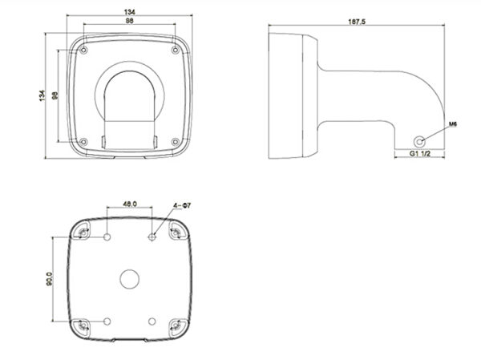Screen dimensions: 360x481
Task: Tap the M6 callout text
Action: (x=452, y=125)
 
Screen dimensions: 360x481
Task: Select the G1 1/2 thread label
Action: (x=422, y=152)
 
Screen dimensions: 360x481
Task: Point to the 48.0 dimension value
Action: (x=130, y=204)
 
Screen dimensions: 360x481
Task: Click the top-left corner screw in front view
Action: (x=84, y=51)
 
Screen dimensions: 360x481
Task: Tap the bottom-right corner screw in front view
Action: (x=175, y=142)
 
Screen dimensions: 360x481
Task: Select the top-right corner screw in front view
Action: (x=175, y=51)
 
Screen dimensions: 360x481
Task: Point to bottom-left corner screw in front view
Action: (x=84, y=142)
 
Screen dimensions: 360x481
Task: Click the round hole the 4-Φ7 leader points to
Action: (x=152, y=237)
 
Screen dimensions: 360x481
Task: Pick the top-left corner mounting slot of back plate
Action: (x=83, y=233)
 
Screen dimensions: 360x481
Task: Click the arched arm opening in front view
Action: (x=129, y=96)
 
